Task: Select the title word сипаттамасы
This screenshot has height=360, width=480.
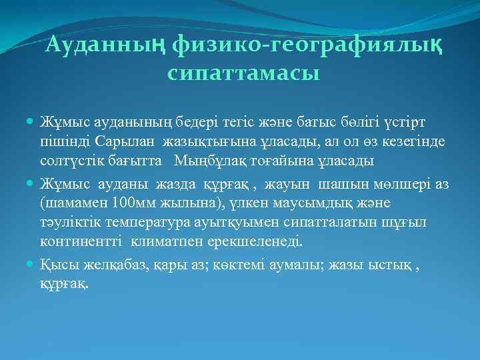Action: (244, 73)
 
